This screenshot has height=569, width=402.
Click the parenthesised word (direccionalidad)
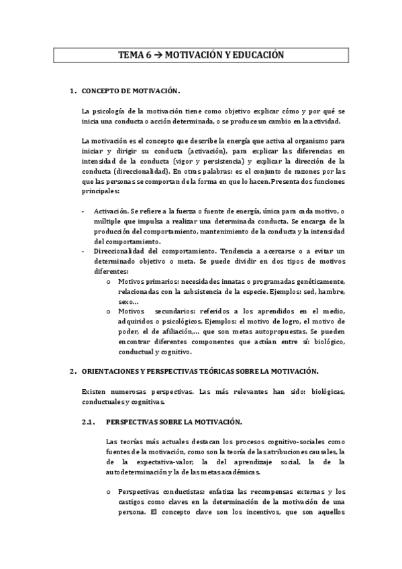pyautogui.click(x=133, y=171)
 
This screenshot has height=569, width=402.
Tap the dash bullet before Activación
pyautogui.click(x=82, y=211)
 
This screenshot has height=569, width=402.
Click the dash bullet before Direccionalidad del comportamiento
pyautogui.click(x=82, y=251)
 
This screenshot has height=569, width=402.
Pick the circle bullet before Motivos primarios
pyautogui.click(x=109, y=281)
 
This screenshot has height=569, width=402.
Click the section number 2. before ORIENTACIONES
pyautogui.click(x=72, y=371)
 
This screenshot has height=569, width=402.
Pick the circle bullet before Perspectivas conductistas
pyautogui.click(x=109, y=492)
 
